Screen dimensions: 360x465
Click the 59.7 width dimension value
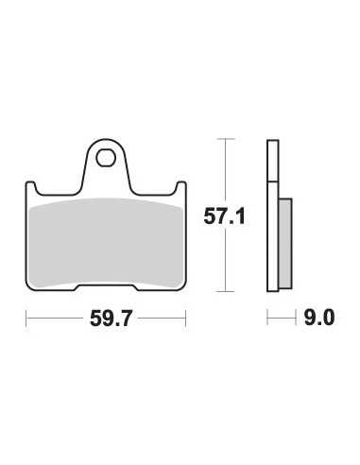tap(111, 319)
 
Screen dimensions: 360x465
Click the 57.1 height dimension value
tap(224, 216)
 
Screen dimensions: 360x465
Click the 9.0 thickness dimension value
tap(319, 318)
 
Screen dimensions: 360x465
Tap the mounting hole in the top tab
tap(106, 159)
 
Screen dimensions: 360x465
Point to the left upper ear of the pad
tap(31, 188)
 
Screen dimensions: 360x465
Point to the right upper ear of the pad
tap(180, 188)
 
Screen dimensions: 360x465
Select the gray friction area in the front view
tap(106, 243)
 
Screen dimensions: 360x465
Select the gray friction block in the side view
tap(285, 244)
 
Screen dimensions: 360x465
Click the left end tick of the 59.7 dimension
tap(26, 319)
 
